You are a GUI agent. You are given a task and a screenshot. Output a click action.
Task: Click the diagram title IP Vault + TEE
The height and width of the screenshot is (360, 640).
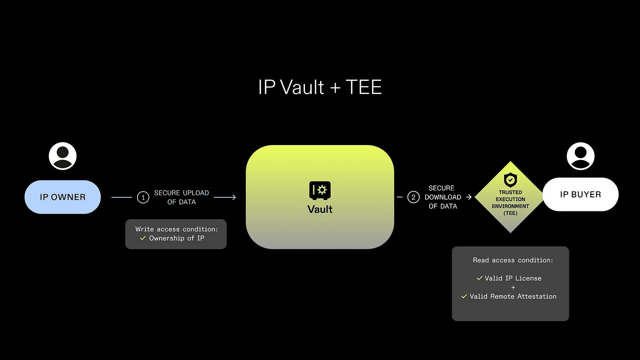(x=320, y=87)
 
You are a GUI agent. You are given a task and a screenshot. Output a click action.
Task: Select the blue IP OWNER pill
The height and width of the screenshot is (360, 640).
(x=62, y=197)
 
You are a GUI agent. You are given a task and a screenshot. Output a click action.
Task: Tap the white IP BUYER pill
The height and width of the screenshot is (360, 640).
(x=580, y=194)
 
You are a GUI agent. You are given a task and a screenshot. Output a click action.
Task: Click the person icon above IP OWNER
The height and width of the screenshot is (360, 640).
(x=62, y=156)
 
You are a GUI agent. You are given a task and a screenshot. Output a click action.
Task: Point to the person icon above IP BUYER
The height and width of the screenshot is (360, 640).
(x=580, y=156)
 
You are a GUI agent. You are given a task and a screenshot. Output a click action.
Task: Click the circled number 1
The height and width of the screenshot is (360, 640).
(x=143, y=197)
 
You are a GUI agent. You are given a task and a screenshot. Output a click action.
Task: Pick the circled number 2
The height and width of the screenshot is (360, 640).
(x=413, y=197)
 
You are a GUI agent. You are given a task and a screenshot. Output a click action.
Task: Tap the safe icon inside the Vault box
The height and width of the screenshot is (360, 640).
(x=320, y=190)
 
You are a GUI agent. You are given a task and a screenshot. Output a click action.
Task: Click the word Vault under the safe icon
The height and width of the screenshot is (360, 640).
(x=320, y=209)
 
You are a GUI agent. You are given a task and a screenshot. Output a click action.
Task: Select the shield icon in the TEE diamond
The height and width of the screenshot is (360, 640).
(x=510, y=180)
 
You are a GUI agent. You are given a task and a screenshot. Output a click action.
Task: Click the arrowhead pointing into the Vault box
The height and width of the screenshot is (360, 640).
(x=233, y=197)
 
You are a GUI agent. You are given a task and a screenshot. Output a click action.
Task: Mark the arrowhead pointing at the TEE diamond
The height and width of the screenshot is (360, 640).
(x=469, y=197)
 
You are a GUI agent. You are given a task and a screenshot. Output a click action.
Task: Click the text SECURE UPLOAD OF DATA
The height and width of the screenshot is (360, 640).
(x=181, y=197)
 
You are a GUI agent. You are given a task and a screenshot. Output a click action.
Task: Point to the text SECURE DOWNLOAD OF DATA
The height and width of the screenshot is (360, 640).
(x=443, y=197)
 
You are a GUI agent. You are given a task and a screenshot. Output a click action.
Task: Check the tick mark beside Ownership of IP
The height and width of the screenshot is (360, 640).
(x=142, y=238)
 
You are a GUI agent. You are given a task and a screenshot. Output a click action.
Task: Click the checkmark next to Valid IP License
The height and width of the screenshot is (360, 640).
(x=479, y=278)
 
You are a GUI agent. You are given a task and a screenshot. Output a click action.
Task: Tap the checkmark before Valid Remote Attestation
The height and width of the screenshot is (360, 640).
(x=464, y=296)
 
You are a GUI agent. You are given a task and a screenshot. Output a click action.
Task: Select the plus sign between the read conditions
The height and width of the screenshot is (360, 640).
(x=513, y=287)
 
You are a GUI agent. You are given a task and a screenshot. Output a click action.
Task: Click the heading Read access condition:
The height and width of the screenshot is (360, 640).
(x=513, y=260)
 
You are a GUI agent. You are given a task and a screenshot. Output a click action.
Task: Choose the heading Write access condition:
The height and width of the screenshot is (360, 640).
(x=176, y=229)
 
